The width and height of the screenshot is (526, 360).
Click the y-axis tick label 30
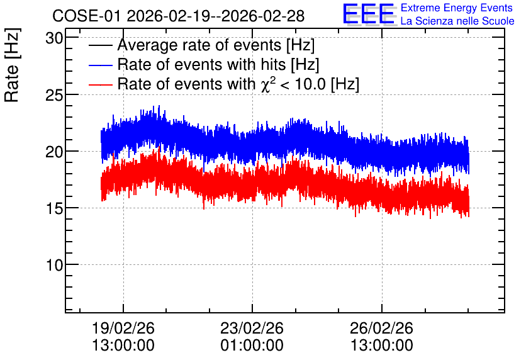point(54,38)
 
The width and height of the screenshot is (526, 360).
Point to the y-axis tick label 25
point(54,96)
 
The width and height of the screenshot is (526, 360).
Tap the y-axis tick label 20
point(54,152)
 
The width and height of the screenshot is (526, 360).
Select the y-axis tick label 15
point(54,209)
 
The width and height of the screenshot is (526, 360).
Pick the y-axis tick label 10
point(54,266)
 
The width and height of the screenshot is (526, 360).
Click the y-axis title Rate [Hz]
point(12,65)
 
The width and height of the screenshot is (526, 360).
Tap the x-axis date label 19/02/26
point(123,328)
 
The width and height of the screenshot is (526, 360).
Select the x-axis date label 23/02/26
point(252,328)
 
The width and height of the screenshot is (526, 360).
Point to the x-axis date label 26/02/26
point(381,328)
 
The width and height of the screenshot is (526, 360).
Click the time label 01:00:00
point(252,345)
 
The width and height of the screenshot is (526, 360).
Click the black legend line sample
point(100,45)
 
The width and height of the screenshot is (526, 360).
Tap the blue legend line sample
point(100,65)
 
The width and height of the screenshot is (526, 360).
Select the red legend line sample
point(100,84)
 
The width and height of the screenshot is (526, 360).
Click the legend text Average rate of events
point(199,45)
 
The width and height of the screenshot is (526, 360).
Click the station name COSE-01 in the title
point(86,16)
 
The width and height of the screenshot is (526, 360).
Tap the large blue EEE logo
point(369,14)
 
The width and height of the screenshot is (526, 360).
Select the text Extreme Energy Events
point(457,8)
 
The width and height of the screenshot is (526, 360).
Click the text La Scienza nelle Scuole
point(457,21)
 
